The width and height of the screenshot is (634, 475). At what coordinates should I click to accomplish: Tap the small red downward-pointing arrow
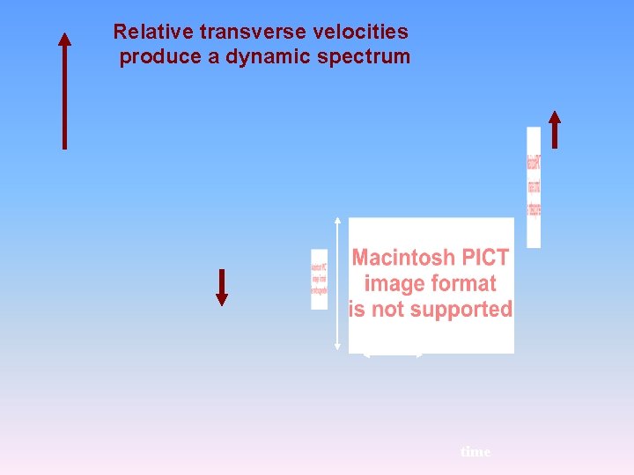pos(222,287)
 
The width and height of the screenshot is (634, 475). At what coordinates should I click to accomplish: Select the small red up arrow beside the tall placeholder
pos(554,129)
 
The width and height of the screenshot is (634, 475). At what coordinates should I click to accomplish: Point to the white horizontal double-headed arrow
pos(394,355)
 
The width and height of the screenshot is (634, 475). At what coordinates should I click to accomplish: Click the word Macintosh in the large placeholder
pos(402,258)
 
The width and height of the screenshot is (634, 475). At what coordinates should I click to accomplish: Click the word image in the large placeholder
pos(393,283)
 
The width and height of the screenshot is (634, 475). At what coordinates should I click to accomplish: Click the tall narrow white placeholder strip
pos(534,186)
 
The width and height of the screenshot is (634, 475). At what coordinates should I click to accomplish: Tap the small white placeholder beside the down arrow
pos(319,280)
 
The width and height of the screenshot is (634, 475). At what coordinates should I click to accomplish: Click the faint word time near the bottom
pos(475,451)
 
